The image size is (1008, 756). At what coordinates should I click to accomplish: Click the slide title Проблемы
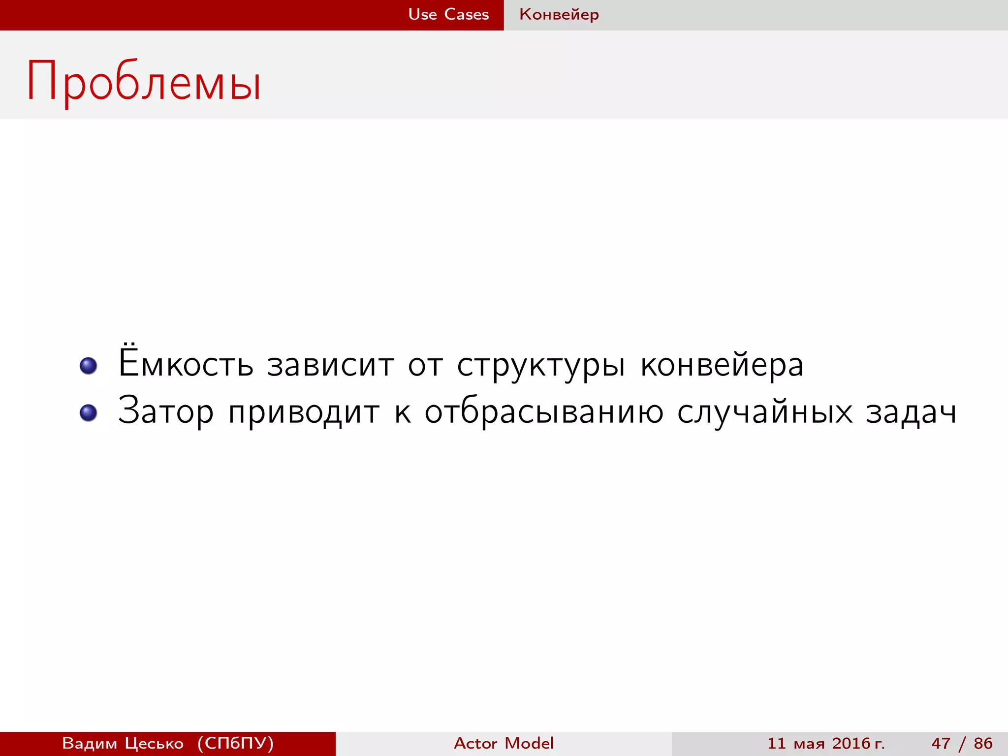144,81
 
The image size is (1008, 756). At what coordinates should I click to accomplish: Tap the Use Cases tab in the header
448,14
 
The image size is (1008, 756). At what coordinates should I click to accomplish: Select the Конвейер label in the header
559,14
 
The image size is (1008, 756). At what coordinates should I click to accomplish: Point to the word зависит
330,365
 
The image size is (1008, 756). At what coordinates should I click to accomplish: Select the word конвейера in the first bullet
722,365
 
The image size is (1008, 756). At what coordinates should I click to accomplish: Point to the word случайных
765,411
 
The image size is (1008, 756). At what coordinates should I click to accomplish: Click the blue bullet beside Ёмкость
89,366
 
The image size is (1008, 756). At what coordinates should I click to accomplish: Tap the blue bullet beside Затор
89,412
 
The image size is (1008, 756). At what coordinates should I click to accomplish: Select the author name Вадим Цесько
123,743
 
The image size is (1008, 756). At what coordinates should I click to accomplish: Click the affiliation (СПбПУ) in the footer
235,743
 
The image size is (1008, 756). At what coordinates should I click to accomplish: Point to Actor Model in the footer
504,743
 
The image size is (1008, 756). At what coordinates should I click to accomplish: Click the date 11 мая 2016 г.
826,743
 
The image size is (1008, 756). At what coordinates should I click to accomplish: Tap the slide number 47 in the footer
941,743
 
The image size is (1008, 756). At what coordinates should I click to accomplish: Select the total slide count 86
983,743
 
